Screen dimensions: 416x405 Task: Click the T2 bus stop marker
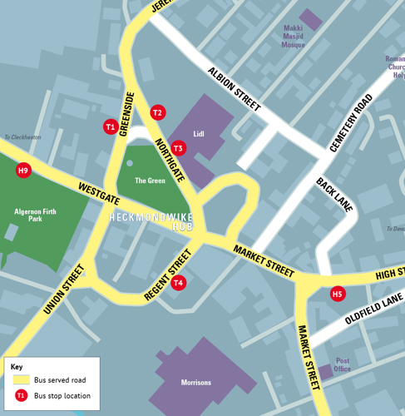[x=158, y=112]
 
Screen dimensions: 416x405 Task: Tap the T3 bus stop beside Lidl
[x=178, y=148]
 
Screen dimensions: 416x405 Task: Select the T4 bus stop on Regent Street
[x=178, y=283]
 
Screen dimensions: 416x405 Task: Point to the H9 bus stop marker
[x=23, y=171]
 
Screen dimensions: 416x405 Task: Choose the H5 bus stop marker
[x=337, y=294]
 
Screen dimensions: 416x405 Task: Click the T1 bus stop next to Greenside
[x=110, y=127]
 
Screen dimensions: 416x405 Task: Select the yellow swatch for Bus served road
[x=22, y=379]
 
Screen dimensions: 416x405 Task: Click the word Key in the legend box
[x=17, y=366]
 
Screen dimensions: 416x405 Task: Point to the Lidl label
[x=199, y=133]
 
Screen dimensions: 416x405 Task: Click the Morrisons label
[x=196, y=383]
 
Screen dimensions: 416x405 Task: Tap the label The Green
[x=150, y=180]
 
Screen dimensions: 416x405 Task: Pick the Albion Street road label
[x=235, y=90]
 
